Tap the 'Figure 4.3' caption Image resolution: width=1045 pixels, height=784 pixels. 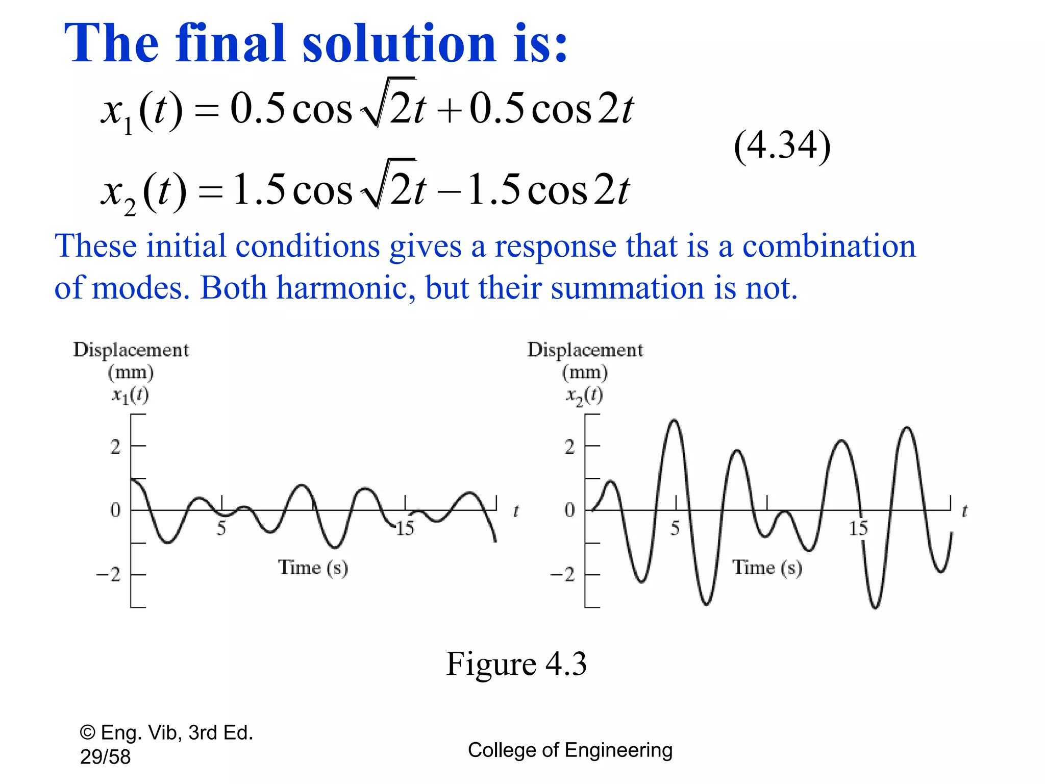click(x=516, y=664)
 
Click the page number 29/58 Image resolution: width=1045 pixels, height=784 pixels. click(x=105, y=757)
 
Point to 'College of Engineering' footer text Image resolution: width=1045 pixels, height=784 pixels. click(x=570, y=750)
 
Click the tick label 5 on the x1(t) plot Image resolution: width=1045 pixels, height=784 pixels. click(x=221, y=528)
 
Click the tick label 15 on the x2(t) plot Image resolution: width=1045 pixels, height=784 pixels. click(x=858, y=528)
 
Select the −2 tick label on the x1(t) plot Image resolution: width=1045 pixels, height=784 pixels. click(x=109, y=575)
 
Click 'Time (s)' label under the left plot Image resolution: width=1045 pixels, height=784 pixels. click(x=313, y=568)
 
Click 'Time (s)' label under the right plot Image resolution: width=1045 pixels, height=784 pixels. click(x=767, y=568)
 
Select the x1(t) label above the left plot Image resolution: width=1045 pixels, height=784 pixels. click(x=130, y=395)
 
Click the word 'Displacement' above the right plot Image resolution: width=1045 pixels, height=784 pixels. click(x=585, y=350)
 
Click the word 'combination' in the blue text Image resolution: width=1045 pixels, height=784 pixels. click(x=829, y=246)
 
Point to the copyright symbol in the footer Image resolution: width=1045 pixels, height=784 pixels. click(x=87, y=733)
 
